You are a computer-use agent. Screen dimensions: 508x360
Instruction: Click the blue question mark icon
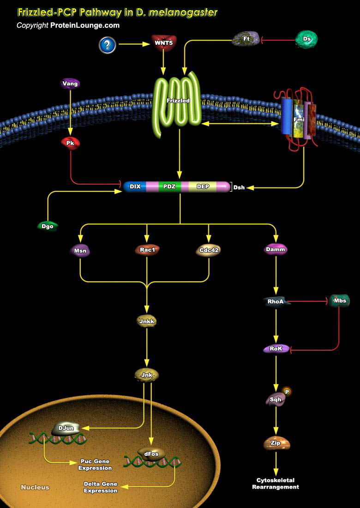pos(107,45)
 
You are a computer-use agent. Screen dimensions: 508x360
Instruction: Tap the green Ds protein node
pos(306,39)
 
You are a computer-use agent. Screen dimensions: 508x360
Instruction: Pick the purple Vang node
pos(70,84)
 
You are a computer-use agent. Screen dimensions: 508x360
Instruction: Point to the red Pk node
pos(70,143)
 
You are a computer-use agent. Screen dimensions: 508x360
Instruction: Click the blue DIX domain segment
pos(135,187)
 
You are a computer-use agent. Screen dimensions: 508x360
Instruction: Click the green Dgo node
pos(47,226)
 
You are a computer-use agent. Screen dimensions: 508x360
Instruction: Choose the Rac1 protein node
pos(147,250)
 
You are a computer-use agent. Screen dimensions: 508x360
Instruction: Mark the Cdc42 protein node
pos(208,250)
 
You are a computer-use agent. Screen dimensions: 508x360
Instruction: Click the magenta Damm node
pos(276,249)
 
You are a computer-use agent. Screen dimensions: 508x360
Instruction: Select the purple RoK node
pos(276,349)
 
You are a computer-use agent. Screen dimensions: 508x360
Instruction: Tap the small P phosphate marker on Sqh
pos(287,392)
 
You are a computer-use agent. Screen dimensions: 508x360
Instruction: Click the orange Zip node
pos(276,443)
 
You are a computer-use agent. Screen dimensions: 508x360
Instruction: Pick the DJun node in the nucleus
pos(64,429)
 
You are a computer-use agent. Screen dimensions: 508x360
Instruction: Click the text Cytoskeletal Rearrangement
pos(276,484)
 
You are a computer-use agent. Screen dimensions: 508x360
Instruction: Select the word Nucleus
pos(35,487)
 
